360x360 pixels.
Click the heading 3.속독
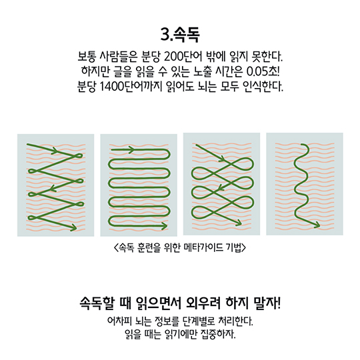tap(180, 35)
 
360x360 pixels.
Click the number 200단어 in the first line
tap(183, 57)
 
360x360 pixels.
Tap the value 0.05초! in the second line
tap(263, 71)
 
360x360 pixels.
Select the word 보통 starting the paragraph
tap(86, 57)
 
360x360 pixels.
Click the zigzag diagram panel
tap(55, 185)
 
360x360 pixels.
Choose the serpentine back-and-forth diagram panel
tap(139, 185)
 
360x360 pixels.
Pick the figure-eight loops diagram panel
tap(221, 184)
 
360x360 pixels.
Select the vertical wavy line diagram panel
tap(305, 184)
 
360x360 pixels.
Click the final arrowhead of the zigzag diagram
tap(74, 228)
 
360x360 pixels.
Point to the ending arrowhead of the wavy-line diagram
tap(317, 225)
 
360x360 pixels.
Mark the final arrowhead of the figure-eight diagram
tap(238, 222)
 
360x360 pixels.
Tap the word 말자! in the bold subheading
tap(267, 303)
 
